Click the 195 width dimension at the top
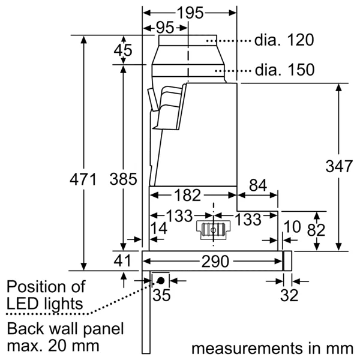coord(190,13)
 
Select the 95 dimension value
coord(165,28)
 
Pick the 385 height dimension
coord(124,179)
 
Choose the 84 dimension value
coord(258,187)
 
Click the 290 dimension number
coord(214,262)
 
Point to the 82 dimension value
coord(316,230)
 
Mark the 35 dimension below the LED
coord(160,295)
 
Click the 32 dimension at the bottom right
coord(289,295)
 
